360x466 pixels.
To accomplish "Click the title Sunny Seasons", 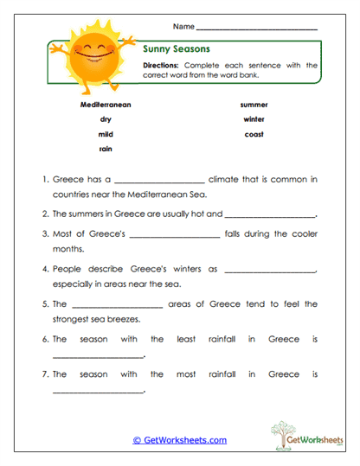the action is coord(176,49).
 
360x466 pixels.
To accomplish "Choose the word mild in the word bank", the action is coord(106,134).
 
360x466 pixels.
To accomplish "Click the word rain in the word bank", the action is coord(106,149).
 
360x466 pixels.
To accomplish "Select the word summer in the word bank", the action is coord(254,104).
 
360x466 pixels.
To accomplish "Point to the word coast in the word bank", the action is coord(254,134).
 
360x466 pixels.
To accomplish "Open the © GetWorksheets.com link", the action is coord(180,440).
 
